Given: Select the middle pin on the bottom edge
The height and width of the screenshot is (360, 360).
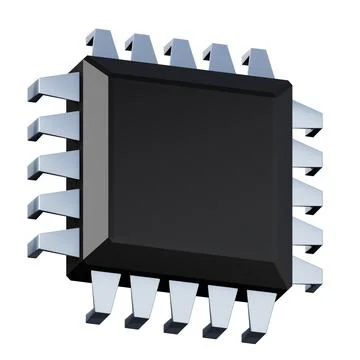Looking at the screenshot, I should click(x=183, y=305).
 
